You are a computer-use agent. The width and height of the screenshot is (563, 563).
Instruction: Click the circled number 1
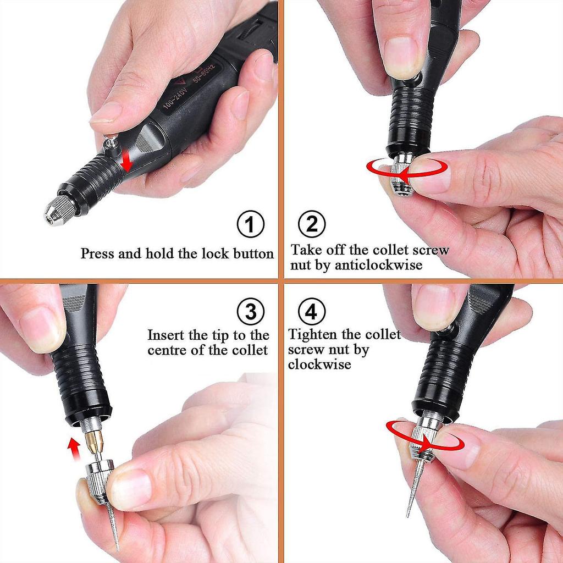tap(250, 224)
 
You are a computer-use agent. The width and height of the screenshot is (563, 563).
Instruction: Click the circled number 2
tap(312, 224)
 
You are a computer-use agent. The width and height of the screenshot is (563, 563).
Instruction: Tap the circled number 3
tap(250, 312)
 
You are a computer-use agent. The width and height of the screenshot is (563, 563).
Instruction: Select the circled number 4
tap(312, 312)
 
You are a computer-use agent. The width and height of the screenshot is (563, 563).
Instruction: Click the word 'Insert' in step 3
tap(166, 335)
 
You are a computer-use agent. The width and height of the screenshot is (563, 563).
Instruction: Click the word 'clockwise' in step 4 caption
tap(319, 365)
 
